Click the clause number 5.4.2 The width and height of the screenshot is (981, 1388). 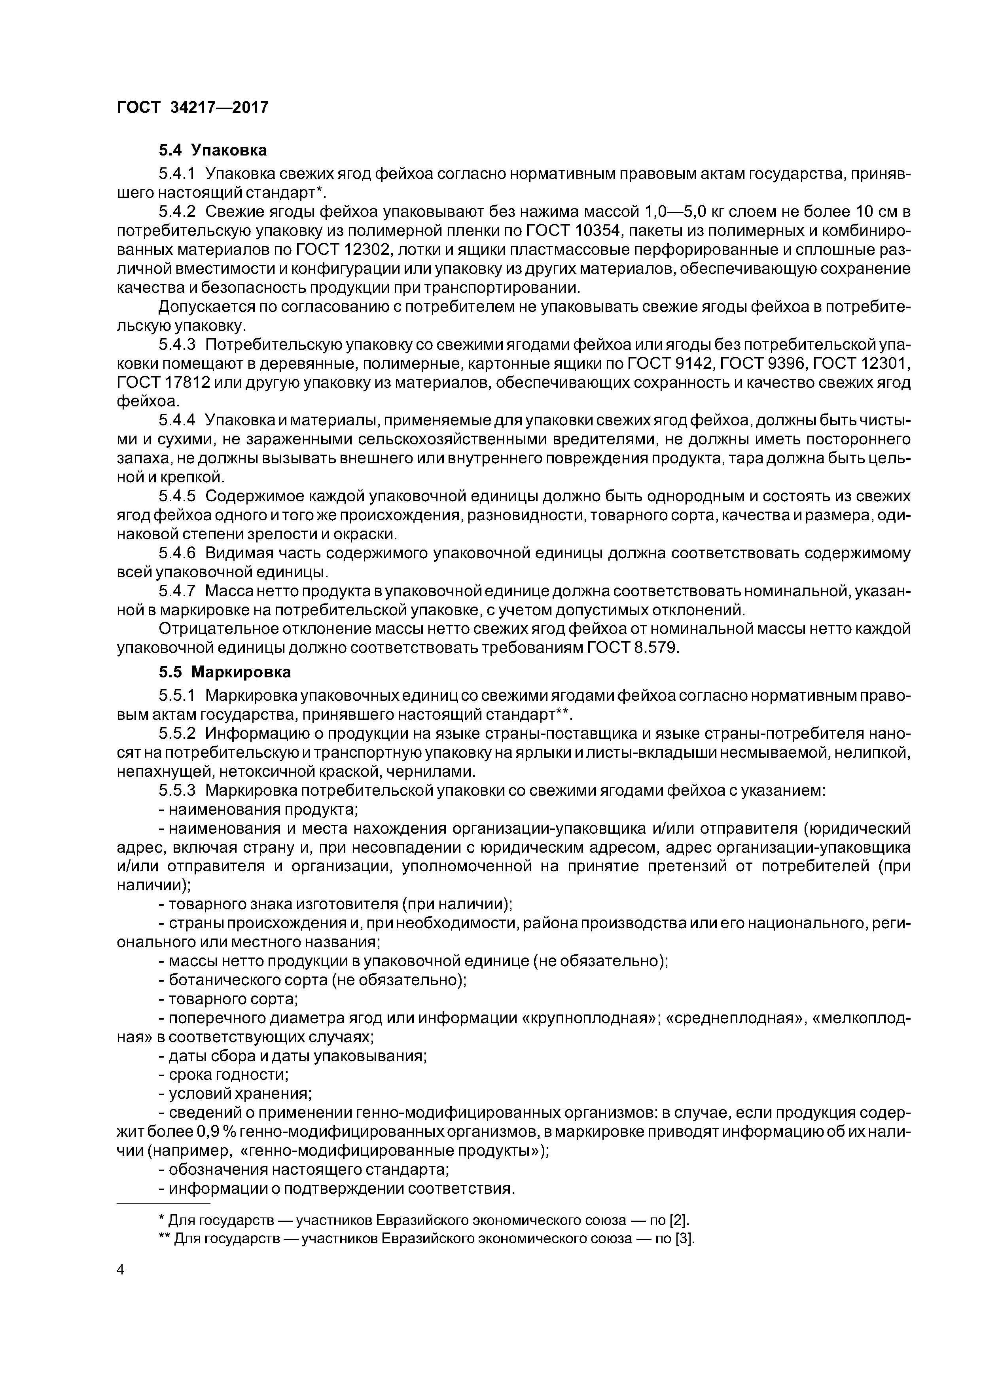click(177, 212)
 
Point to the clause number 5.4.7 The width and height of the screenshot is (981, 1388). click(177, 591)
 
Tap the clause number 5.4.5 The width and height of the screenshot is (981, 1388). click(177, 496)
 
